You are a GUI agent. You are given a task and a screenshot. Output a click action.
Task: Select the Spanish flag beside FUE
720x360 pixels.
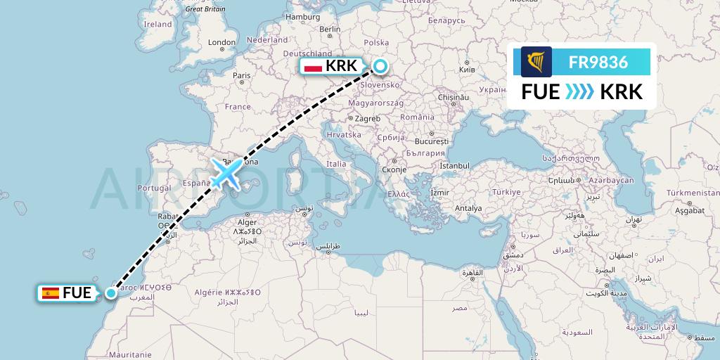[x=51, y=293]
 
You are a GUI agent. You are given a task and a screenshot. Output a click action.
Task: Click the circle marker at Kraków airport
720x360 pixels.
[x=380, y=66]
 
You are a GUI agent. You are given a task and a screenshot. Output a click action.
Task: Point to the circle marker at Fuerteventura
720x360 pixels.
[x=111, y=292]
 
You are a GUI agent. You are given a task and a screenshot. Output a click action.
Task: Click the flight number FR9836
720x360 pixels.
[x=600, y=63]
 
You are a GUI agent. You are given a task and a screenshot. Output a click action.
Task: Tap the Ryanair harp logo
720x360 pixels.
[x=536, y=63]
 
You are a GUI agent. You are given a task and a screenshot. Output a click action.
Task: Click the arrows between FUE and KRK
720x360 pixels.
[x=580, y=92]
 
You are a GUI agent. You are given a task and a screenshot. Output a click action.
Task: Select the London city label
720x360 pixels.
[x=221, y=42]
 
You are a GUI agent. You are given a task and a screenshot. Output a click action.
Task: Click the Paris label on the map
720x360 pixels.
[x=242, y=75]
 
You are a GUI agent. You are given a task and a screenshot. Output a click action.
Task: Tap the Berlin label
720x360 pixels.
[x=330, y=30]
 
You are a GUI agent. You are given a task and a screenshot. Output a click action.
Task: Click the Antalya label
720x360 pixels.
[x=468, y=208]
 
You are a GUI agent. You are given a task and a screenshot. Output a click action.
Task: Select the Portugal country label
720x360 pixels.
[x=155, y=188]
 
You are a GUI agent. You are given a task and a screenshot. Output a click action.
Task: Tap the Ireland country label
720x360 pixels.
[x=157, y=24]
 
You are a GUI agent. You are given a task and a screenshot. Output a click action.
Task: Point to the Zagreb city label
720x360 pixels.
[x=368, y=118]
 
